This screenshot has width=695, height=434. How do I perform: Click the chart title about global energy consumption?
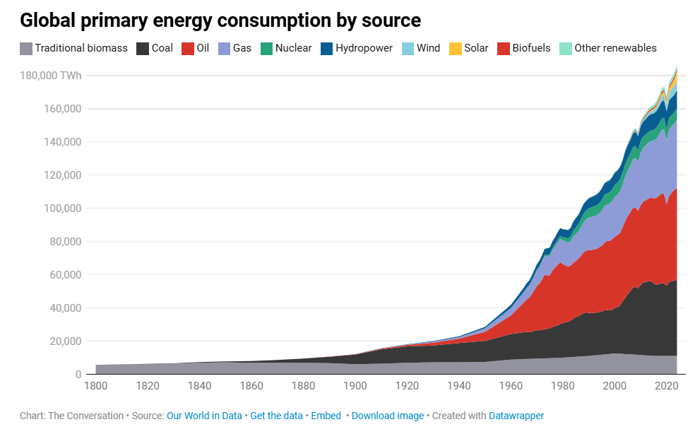tap(220, 20)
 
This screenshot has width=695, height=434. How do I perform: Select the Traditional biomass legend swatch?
tap(26, 49)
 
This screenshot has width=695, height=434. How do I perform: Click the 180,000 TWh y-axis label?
tap(51, 76)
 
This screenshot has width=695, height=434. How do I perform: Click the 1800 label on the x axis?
tap(95, 386)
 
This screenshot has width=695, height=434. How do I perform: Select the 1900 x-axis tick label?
tap(355, 386)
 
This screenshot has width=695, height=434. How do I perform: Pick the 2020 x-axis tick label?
tap(667, 386)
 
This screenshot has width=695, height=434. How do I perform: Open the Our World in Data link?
tap(204, 416)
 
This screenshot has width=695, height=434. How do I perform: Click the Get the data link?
tap(276, 416)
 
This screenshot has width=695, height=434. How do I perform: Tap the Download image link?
tap(388, 416)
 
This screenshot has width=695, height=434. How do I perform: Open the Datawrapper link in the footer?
tap(516, 416)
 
